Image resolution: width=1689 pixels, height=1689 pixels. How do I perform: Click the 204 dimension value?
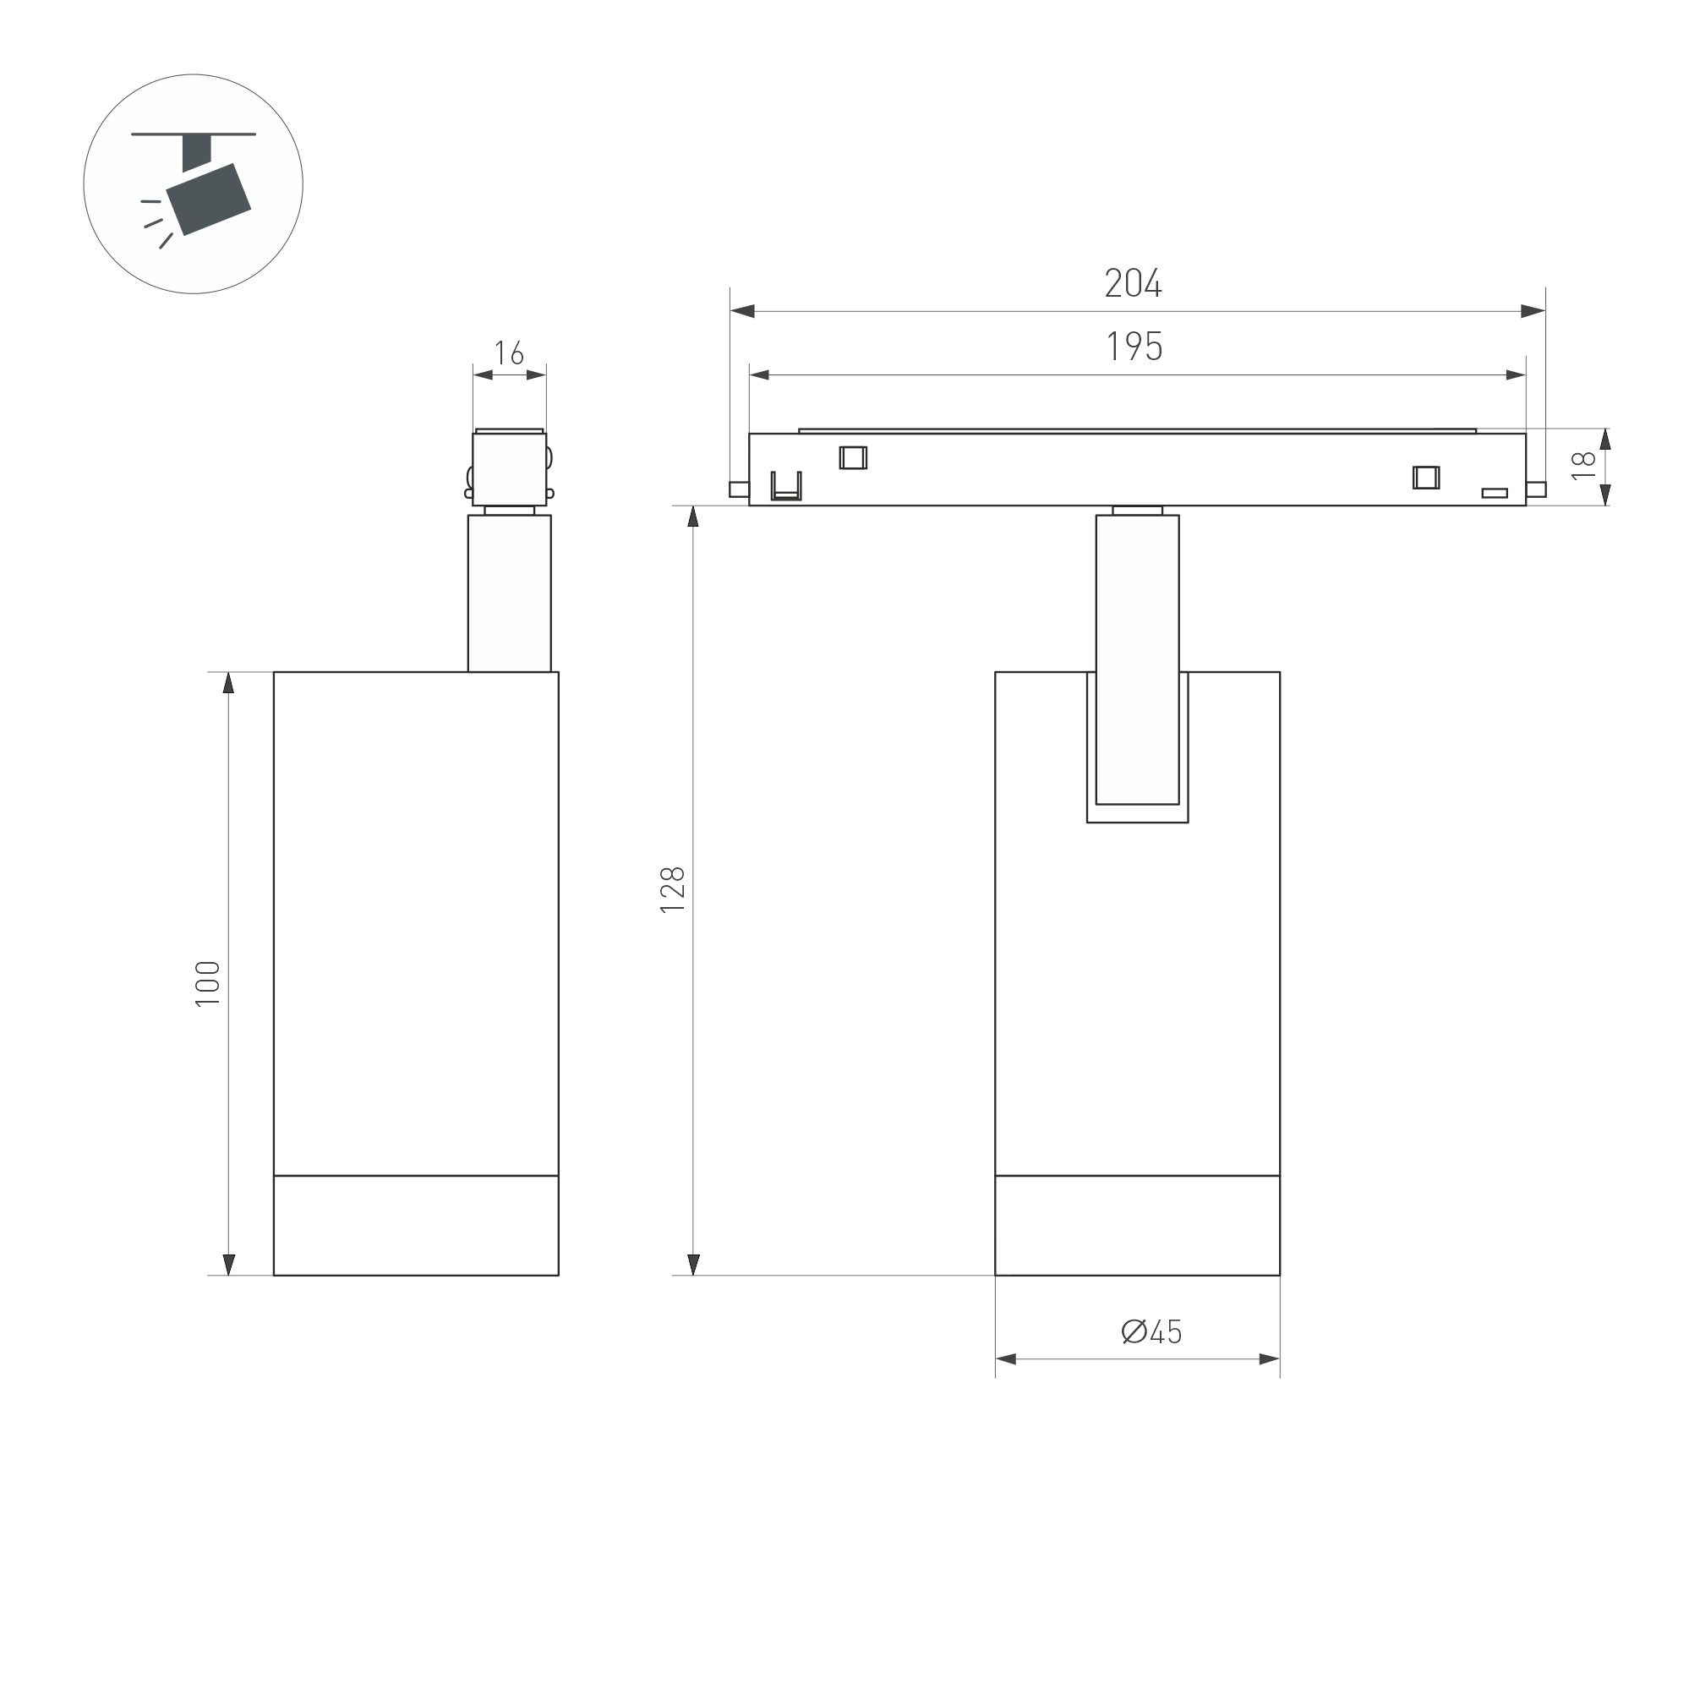click(x=1133, y=283)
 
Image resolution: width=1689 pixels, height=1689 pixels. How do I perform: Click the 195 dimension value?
click(x=1134, y=347)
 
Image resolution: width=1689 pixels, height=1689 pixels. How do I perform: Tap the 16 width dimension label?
click(x=509, y=353)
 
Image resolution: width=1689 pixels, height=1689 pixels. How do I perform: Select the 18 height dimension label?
click(x=1583, y=465)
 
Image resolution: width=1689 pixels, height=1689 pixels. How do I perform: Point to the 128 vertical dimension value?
click(x=672, y=890)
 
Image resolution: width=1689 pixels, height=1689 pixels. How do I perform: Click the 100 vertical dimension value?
click(x=208, y=983)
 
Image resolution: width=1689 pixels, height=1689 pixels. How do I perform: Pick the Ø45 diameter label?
click(x=1151, y=1331)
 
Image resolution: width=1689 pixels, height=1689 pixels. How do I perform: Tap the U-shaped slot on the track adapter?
click(x=785, y=486)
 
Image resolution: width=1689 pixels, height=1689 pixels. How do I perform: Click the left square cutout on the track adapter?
click(x=852, y=457)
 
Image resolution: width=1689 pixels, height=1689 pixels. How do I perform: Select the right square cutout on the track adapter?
click(x=1425, y=478)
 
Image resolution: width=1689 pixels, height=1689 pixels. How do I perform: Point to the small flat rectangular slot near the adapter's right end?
click(x=1494, y=493)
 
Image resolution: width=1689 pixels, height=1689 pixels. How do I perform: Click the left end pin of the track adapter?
click(x=739, y=489)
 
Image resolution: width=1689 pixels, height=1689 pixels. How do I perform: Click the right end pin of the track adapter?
click(x=1536, y=489)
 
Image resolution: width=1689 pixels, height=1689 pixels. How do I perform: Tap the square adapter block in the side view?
click(x=509, y=467)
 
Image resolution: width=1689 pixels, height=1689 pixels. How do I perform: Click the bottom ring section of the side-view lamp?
click(x=415, y=1225)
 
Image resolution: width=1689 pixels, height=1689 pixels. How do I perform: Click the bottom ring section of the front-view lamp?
click(x=1136, y=1225)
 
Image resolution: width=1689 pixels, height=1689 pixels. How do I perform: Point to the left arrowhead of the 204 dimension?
click(x=742, y=311)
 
